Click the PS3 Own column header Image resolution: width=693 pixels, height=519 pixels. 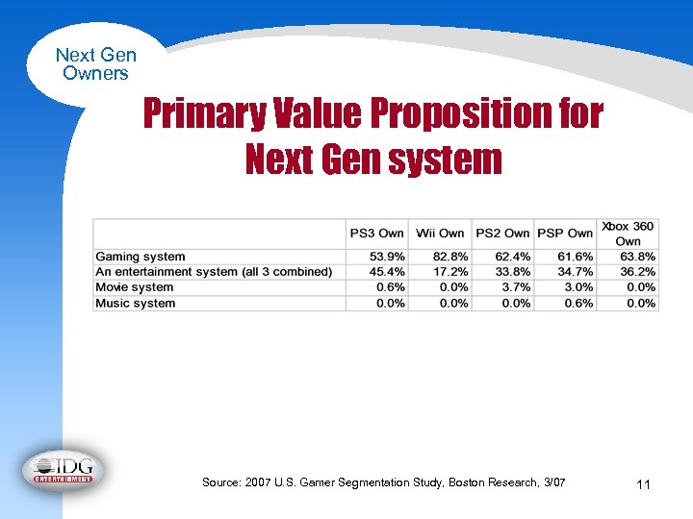[x=376, y=234]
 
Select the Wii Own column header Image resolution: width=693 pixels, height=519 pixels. [x=440, y=234]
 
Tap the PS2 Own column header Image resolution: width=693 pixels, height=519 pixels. [x=502, y=234]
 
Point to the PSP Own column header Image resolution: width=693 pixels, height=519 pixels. [x=564, y=234]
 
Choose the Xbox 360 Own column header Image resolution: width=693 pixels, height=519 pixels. [x=628, y=234]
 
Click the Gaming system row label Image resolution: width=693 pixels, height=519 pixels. [x=141, y=257]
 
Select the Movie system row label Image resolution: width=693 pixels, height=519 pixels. [x=135, y=287]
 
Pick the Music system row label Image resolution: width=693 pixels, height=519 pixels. [x=136, y=304]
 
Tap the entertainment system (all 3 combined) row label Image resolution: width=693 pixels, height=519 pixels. [x=214, y=272]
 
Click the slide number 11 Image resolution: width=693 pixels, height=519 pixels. [x=643, y=485]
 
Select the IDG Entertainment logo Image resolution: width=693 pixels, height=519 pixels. [x=64, y=469]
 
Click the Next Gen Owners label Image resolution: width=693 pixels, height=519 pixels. [x=95, y=64]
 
